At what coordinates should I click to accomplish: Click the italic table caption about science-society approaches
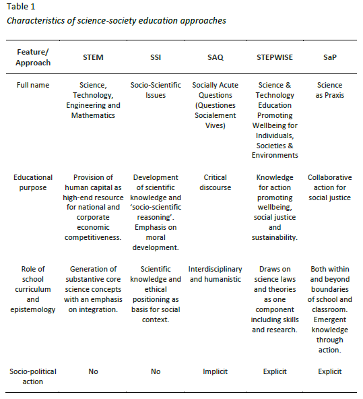point(115,21)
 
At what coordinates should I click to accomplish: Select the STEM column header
point(94,57)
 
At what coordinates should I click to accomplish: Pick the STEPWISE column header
point(273,57)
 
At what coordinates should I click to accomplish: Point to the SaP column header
point(330,57)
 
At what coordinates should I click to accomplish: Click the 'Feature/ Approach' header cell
point(33,57)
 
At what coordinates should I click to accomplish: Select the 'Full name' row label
point(33,86)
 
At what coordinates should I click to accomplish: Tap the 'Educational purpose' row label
point(33,183)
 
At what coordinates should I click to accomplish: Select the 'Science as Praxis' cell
point(330,90)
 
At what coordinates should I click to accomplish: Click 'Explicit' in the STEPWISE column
point(273,371)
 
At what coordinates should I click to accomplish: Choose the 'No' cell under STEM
point(94,371)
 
